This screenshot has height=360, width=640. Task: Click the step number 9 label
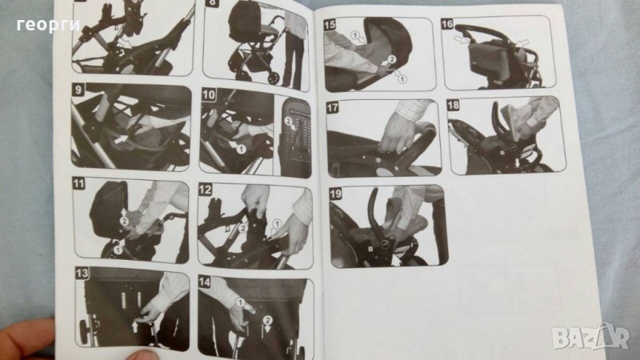pyautogui.click(x=78, y=90)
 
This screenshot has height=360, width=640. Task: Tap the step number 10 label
pyautogui.click(x=209, y=95)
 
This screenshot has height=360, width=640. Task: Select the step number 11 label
pyautogui.click(x=78, y=183)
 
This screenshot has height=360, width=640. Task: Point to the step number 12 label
pyautogui.click(x=205, y=190)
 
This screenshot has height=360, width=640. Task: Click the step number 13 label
pyautogui.click(x=82, y=273)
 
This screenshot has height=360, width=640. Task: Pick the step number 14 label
pyautogui.click(x=205, y=282)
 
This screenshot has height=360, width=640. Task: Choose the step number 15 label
pyautogui.click(x=330, y=25)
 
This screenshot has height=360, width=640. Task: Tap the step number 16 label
pyautogui.click(x=447, y=24)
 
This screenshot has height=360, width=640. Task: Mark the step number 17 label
pyautogui.click(x=332, y=108)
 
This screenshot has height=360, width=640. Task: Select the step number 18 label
pyautogui.click(x=453, y=106)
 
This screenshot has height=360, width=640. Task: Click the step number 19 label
pyautogui.click(x=335, y=194)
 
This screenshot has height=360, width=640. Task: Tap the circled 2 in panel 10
pyautogui.click(x=288, y=121)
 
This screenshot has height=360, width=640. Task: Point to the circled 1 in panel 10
pyautogui.click(x=241, y=150)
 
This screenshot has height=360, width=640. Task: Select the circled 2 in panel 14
pyautogui.click(x=267, y=321)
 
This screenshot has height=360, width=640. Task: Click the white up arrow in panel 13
pyautogui.click(x=135, y=326)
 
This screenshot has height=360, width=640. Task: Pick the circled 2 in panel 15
pyautogui.click(x=391, y=59)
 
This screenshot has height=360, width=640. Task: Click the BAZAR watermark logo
pyautogui.click(x=590, y=338)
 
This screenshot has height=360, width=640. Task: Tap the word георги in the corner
pyautogui.click(x=48, y=26)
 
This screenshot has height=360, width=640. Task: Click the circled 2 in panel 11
pyautogui.click(x=124, y=222)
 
